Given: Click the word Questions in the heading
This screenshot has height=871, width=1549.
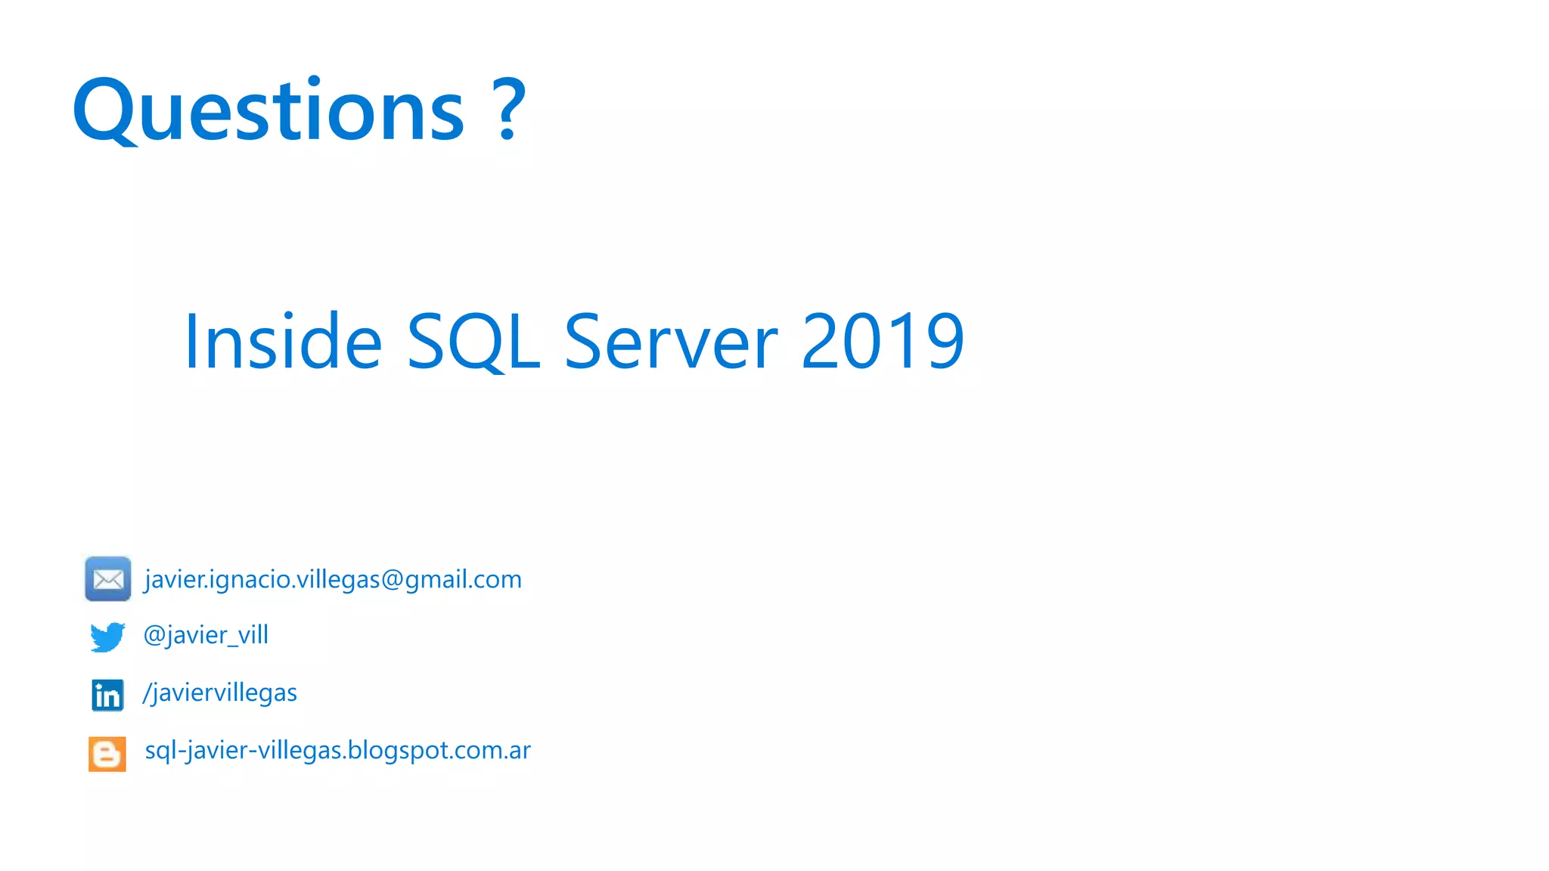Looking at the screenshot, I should [269, 110].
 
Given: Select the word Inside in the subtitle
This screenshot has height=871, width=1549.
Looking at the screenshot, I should [283, 342].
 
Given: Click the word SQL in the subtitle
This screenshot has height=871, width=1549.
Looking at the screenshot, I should [473, 342].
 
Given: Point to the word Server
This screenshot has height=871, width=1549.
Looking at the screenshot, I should [671, 342].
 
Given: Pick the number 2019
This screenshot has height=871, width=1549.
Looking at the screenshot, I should [882, 342].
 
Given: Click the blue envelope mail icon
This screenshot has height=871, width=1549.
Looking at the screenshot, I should [108, 579].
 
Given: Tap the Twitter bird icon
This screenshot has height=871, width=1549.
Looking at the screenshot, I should [107, 637].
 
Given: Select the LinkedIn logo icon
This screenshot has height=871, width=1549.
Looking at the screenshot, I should [107, 695].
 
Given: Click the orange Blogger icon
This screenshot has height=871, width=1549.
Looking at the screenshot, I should [107, 754].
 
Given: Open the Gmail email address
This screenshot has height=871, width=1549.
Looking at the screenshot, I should [333, 579].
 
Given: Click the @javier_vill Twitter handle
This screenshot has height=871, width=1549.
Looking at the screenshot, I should [206, 635].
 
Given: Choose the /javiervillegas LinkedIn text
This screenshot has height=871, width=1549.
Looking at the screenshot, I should [220, 693].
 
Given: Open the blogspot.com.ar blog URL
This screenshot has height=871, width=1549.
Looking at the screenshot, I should [337, 750].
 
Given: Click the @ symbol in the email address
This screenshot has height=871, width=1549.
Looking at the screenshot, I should [392, 580].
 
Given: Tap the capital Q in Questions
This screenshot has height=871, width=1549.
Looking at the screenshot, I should [104, 110].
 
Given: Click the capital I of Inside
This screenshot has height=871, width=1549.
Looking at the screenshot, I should [190, 342].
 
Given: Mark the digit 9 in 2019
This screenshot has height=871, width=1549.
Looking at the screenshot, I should [945, 342].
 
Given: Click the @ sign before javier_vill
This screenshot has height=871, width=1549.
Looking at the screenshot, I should [154, 635].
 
